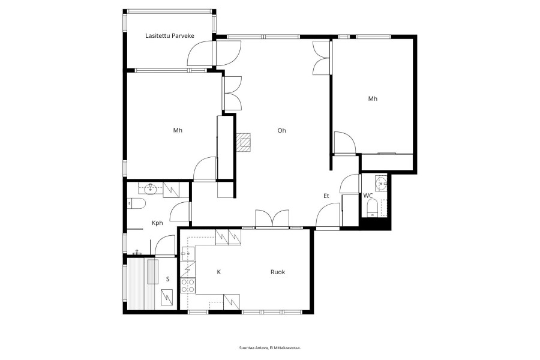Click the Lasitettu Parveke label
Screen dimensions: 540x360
point(169,36)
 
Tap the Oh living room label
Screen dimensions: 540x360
point(282,131)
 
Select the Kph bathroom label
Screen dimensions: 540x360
point(157,223)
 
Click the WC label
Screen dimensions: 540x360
point(368,196)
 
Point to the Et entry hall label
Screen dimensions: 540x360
point(326,196)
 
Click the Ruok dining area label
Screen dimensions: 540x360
point(278,272)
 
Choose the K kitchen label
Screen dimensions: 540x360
point(218,272)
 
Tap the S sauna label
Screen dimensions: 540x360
point(168,279)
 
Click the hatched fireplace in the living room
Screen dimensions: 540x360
point(244,142)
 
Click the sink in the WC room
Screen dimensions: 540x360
point(381,183)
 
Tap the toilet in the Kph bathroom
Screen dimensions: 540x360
point(136,203)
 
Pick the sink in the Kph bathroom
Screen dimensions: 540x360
point(150,189)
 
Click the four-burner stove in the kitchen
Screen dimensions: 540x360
point(188,286)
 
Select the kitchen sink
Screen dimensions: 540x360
point(188,254)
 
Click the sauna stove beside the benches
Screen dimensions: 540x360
point(168,298)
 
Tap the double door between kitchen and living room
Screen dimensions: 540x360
point(272,219)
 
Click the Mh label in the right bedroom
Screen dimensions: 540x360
point(373,99)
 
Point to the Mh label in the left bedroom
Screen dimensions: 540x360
point(178,130)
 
